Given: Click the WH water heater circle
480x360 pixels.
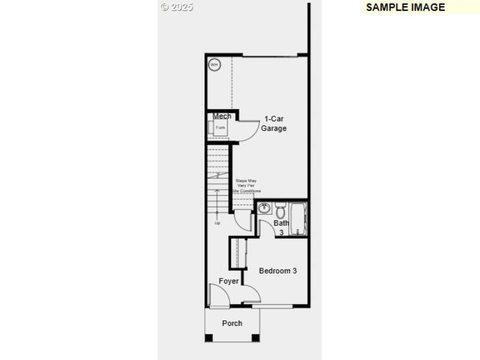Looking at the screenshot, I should click(x=214, y=64).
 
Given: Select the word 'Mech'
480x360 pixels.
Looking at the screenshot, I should click(x=221, y=116).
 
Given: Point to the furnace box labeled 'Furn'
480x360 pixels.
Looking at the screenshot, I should click(x=220, y=128).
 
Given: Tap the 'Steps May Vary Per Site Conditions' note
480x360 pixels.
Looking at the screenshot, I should click(x=246, y=185).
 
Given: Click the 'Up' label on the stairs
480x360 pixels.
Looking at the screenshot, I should click(x=217, y=223).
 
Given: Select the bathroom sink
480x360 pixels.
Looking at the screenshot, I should click(x=265, y=209).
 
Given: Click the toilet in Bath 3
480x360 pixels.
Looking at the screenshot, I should click(x=280, y=209).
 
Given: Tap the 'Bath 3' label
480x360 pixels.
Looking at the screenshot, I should click(x=281, y=227).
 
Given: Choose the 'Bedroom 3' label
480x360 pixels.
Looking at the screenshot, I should click(x=278, y=271).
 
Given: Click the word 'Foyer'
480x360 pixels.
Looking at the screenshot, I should click(x=229, y=281).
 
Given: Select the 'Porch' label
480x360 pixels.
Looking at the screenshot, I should click(x=232, y=323).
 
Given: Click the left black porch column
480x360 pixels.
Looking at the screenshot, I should click(x=209, y=338).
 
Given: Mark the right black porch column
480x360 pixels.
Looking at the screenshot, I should click(x=256, y=338).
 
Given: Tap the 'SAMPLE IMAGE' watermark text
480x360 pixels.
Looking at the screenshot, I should click(x=406, y=7).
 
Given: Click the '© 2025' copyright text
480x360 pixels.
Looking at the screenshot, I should click(x=176, y=7).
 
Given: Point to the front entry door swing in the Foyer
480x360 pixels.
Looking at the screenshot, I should click(x=218, y=295).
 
